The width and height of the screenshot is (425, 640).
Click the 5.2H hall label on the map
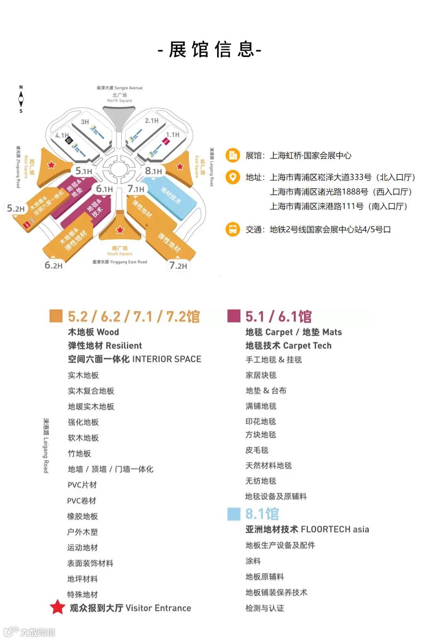point(16,208)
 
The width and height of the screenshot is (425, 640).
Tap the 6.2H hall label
point(54,265)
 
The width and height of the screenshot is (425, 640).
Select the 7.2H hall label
point(178,266)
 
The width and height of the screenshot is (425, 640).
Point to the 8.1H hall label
point(153,171)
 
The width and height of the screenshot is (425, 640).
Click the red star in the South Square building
point(120,230)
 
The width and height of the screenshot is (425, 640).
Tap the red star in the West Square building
point(52,165)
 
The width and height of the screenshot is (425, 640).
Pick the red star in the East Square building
point(180,166)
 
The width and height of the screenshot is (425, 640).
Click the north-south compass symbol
point(21,99)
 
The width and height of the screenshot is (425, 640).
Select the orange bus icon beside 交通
point(233,229)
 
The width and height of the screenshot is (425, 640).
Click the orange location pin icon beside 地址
point(233,177)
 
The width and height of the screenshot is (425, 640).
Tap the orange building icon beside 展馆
point(233,155)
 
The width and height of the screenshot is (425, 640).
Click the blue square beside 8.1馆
point(234,514)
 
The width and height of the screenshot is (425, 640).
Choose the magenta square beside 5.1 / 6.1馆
point(234,316)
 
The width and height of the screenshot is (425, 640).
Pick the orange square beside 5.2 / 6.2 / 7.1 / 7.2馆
point(56,316)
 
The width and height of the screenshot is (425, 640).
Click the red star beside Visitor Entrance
point(57,607)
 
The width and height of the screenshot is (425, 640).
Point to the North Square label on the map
point(120,98)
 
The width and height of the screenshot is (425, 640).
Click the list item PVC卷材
point(81,500)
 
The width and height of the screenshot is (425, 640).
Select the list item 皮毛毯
point(257,450)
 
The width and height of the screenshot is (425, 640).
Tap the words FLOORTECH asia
point(335,529)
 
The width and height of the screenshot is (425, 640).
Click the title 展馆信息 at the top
point(210,50)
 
